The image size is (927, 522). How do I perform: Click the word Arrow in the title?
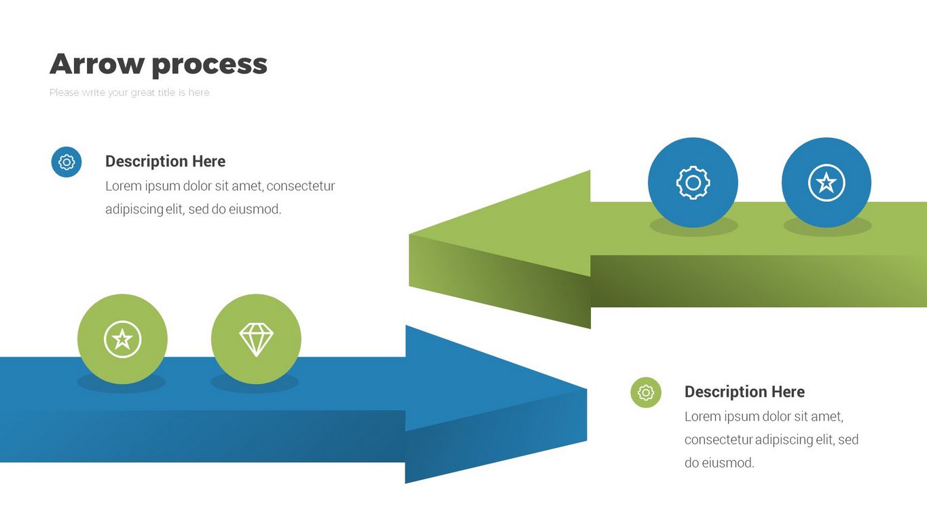pyautogui.click(x=96, y=64)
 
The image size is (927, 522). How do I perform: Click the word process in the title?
pyautogui.click(x=209, y=65)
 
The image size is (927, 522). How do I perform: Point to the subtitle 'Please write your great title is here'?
pyautogui.click(x=130, y=92)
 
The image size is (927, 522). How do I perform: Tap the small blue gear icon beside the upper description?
pyautogui.click(x=67, y=162)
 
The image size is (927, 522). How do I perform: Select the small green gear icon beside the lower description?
pyautogui.click(x=646, y=393)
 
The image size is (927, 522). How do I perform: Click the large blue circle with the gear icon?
pyautogui.click(x=693, y=182)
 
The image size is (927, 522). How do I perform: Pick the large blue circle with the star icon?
pyautogui.click(x=826, y=182)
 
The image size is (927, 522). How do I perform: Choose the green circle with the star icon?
pyautogui.click(x=122, y=338)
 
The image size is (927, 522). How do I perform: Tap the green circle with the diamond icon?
pyautogui.click(x=256, y=338)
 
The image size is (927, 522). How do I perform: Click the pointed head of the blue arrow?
pyautogui.click(x=516, y=381)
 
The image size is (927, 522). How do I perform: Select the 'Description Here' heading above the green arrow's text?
pyautogui.click(x=165, y=162)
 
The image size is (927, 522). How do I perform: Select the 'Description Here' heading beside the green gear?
pyautogui.click(x=744, y=392)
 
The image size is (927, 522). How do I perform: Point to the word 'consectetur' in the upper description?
pyautogui.click(x=302, y=186)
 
